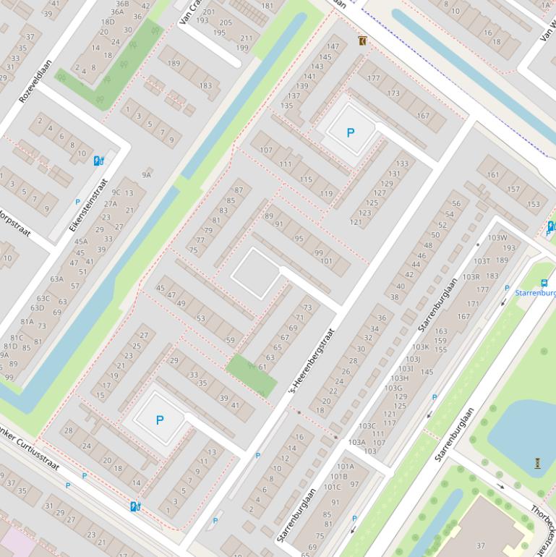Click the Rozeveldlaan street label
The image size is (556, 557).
[x=36, y=80]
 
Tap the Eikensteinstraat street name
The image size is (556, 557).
[x=89, y=205]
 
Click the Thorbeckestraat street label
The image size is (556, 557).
[x=542, y=521]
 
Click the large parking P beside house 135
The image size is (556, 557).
[x=351, y=132]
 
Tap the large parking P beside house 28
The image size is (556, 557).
[x=160, y=420]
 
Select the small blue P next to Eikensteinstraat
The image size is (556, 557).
[x=77, y=203]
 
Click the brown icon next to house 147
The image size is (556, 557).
[x=362, y=41]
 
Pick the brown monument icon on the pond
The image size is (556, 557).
[x=537, y=463]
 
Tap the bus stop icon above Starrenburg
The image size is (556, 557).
[x=544, y=284]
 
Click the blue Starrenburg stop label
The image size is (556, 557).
[x=536, y=293]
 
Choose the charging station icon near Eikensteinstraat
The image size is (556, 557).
[x=98, y=160]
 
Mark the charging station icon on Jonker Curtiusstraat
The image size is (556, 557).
[x=134, y=506]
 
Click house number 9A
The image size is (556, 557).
[x=147, y=174]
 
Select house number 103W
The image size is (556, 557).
[x=497, y=238]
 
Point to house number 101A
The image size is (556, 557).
[x=345, y=467]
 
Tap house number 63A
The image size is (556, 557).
[x=57, y=279]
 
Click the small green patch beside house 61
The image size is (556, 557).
[x=251, y=375]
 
